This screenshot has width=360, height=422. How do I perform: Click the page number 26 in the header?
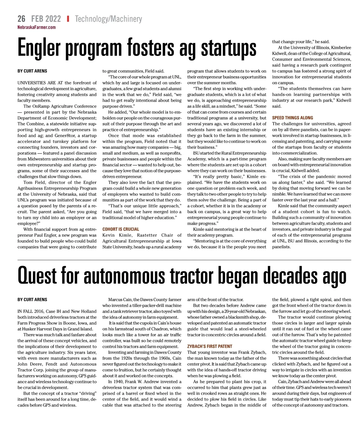pos(21,19)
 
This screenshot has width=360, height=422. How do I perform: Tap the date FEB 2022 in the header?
pos(46,19)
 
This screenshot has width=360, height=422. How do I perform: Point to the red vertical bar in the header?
pos(68,19)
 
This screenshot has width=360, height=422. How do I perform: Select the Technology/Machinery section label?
pos(108,19)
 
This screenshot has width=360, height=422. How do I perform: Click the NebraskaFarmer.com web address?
pos(36,27)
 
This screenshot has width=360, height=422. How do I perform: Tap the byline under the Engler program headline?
pos(32,71)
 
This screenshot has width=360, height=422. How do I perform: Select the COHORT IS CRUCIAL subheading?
pos(121,229)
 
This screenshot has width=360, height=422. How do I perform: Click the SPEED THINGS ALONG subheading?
pos(292,118)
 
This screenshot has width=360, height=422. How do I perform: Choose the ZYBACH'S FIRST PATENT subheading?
pos(209,346)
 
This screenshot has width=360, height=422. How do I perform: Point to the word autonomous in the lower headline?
pos(124,276)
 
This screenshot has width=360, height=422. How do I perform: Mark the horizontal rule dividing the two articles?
pos(184,260)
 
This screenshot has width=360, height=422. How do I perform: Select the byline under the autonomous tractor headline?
pos(32,300)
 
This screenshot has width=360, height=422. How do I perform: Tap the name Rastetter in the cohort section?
pos(147,235)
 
